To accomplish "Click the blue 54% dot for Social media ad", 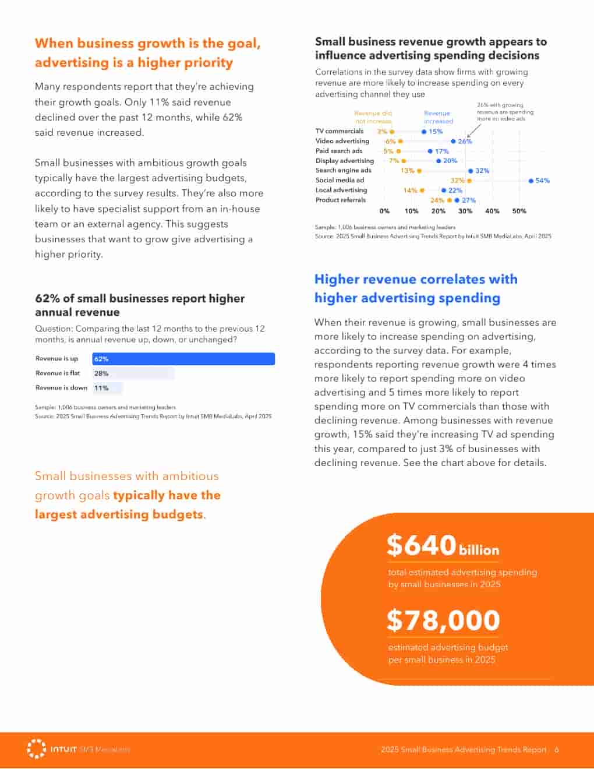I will (x=531, y=181).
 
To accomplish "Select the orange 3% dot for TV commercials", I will (x=392, y=132).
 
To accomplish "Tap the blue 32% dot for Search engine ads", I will (x=471, y=171).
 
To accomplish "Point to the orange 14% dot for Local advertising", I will (x=422, y=191).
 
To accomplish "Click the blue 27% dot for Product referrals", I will (x=457, y=200).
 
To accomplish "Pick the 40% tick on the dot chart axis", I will (x=492, y=211).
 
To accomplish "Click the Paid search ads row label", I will (x=339, y=151).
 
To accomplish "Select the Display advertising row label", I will (x=345, y=161).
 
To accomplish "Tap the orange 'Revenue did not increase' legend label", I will (x=373, y=117).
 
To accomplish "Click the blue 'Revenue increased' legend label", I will (x=438, y=117).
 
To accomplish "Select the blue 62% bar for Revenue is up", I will (x=183, y=359).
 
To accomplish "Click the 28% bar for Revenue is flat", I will (x=133, y=373).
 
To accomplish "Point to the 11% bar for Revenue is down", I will (x=108, y=388).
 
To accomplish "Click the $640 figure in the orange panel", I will (x=421, y=545).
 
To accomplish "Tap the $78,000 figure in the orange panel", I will (x=443, y=620).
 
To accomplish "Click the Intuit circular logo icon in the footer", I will (x=37, y=749).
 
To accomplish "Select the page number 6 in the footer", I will (x=557, y=750).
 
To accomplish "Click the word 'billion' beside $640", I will (x=479, y=550).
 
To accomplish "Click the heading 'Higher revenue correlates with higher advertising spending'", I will (x=416, y=288).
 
